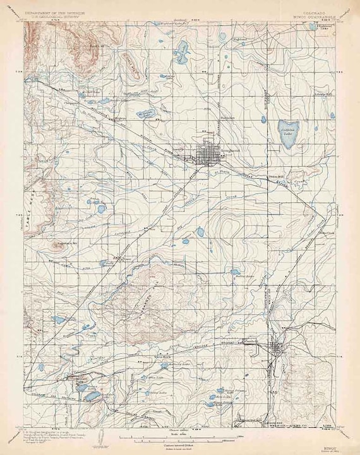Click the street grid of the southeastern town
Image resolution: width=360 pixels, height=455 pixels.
277,349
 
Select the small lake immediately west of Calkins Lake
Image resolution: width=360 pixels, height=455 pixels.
263,119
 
